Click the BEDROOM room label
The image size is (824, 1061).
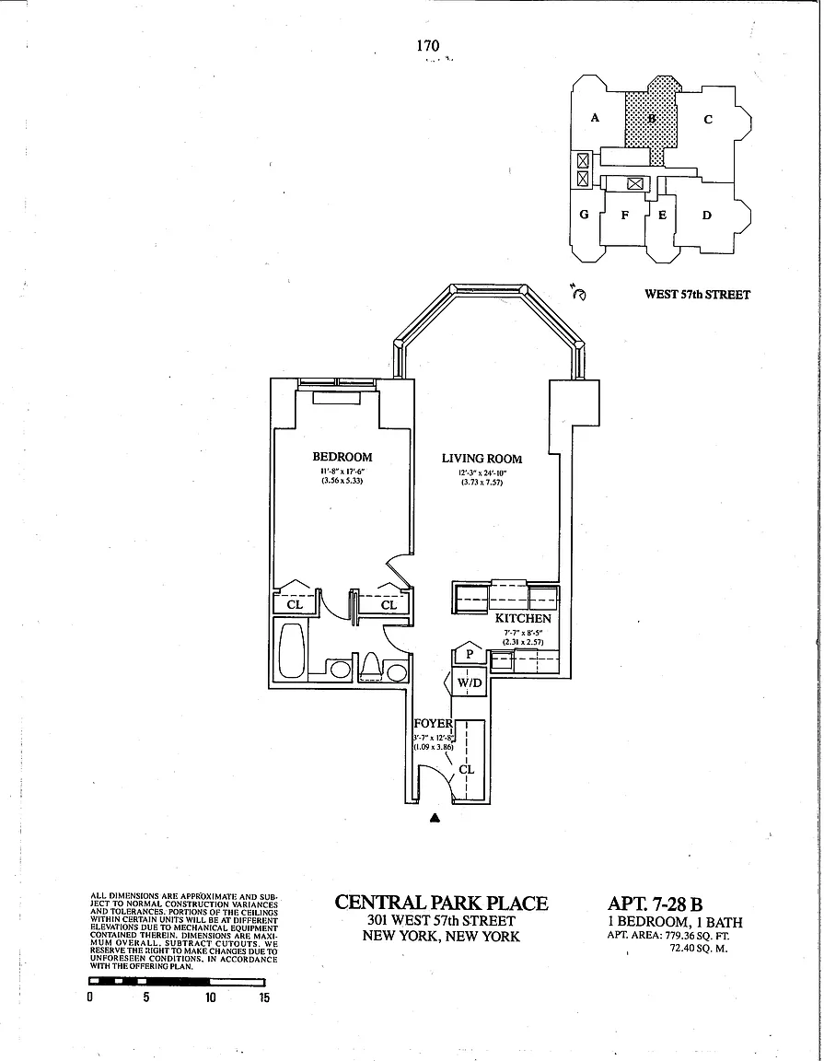(x=342, y=458)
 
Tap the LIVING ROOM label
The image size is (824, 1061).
(x=482, y=459)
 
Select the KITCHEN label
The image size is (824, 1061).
(x=523, y=619)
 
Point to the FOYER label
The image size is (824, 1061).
(x=432, y=724)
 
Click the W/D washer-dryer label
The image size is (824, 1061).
(x=470, y=683)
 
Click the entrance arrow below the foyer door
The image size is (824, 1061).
(x=436, y=816)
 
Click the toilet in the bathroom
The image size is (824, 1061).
(x=371, y=664)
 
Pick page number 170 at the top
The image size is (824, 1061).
(x=427, y=45)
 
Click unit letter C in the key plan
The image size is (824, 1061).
(x=708, y=119)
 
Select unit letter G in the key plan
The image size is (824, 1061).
(x=584, y=215)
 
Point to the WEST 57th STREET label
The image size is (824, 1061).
(x=698, y=295)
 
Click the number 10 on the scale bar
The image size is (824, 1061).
(x=211, y=998)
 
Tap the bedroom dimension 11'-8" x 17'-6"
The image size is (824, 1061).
(x=342, y=472)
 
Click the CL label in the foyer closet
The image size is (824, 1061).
(x=466, y=767)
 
